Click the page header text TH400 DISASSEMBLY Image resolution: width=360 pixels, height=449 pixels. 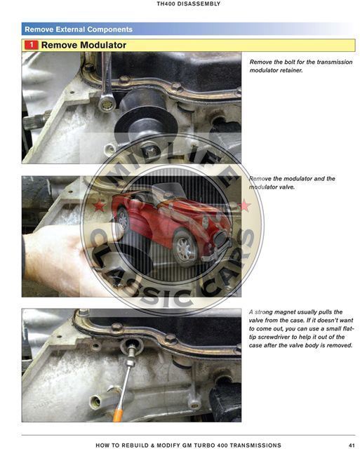[x=189, y=4]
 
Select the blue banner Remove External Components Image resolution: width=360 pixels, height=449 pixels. [x=79, y=29]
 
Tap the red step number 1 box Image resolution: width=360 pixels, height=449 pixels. [x=31, y=45]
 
